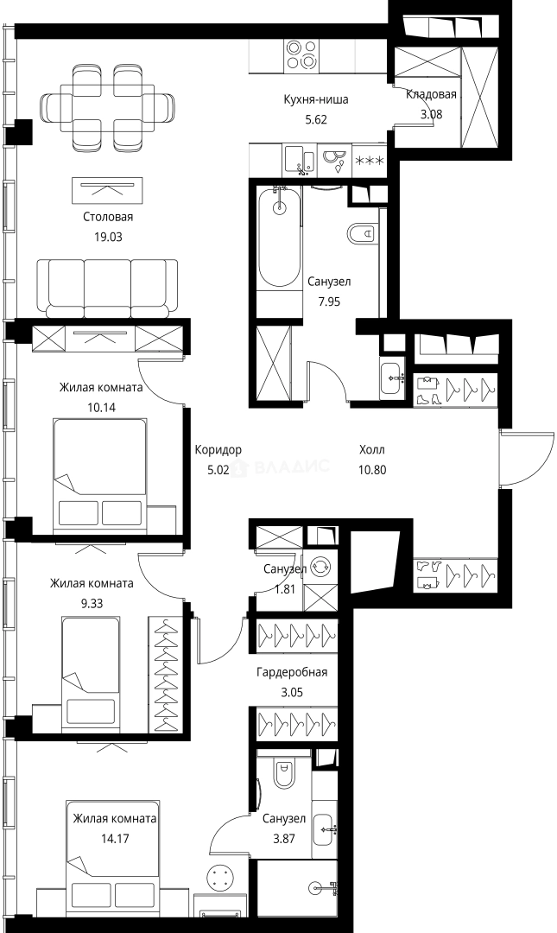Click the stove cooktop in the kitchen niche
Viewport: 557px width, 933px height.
click(301, 55)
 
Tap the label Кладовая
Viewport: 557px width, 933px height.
click(431, 94)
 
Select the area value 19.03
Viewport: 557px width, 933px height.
click(108, 237)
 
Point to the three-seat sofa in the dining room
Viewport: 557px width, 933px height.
click(107, 288)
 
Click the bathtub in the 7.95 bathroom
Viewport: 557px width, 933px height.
click(278, 238)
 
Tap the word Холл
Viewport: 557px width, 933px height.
click(372, 449)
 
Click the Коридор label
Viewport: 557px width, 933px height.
click(218, 450)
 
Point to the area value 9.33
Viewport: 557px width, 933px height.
click(92, 603)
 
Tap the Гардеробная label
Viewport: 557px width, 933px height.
click(292, 672)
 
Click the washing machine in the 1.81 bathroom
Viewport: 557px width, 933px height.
click(320, 567)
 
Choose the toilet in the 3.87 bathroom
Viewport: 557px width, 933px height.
click(284, 773)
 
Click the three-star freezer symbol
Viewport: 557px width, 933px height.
click(370, 161)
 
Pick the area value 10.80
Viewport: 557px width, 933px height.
click(372, 470)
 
